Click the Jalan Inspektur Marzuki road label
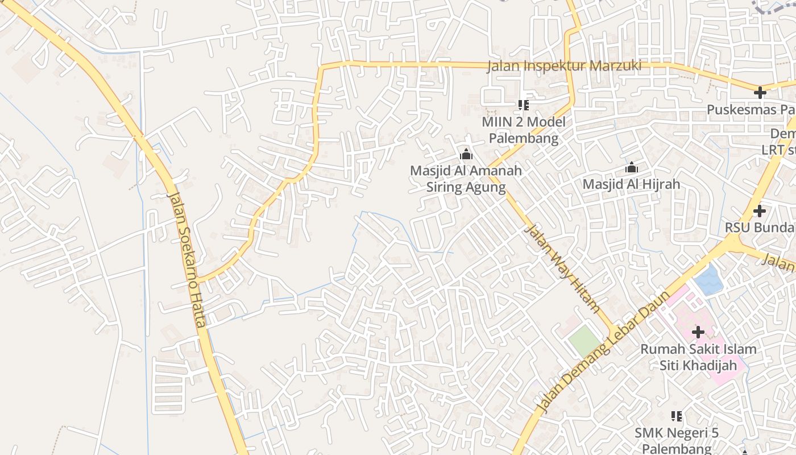click(564, 66)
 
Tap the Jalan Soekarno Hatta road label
click(186, 259)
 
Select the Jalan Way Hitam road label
click(562, 268)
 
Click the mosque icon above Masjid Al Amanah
click(466, 154)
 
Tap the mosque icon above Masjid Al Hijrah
click(631, 168)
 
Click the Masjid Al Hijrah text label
click(631, 184)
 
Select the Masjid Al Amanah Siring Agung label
click(466, 179)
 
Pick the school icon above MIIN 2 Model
click(524, 105)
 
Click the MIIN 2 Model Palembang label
click(524, 130)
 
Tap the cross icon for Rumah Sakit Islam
click(698, 332)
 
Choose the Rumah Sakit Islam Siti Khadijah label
click(698, 357)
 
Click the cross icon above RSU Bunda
click(760, 211)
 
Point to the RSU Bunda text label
click(760, 227)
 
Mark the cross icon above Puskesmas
click(760, 93)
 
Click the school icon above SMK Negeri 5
click(677, 416)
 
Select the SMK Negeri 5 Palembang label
click(677, 440)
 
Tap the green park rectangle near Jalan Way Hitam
click(584, 340)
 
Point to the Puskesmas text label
click(751, 109)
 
